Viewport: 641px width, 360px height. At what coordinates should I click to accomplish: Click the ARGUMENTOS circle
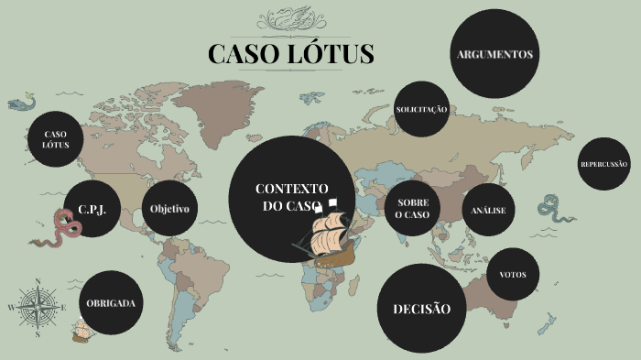[494, 54]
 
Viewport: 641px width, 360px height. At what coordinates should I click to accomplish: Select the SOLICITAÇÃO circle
[421, 109]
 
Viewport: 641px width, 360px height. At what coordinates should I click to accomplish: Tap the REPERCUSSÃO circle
[604, 164]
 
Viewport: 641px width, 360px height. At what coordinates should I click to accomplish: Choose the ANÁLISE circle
[488, 211]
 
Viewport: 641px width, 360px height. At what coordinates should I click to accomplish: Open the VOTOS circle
[513, 274]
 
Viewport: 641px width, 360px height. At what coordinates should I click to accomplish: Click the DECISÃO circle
[422, 309]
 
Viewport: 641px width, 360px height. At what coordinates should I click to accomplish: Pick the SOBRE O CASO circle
[412, 208]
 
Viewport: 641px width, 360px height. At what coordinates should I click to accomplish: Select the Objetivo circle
[170, 209]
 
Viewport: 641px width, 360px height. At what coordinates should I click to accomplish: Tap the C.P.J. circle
[92, 209]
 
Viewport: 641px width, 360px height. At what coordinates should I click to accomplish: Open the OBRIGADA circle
[111, 302]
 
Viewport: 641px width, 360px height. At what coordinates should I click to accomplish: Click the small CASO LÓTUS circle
[56, 139]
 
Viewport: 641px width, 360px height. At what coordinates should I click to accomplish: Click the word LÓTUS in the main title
[330, 53]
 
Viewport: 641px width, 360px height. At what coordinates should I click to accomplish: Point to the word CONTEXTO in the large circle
[291, 188]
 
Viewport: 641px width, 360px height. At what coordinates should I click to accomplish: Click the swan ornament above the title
[290, 18]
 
